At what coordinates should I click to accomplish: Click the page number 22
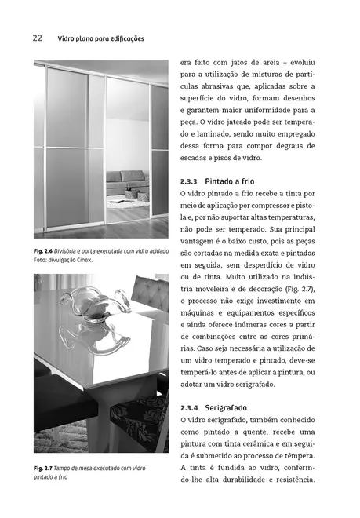37,38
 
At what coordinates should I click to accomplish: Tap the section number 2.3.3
191,181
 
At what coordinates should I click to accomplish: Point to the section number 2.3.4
191,409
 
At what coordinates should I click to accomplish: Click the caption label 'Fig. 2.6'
45,251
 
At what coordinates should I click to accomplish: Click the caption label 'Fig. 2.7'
45,469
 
